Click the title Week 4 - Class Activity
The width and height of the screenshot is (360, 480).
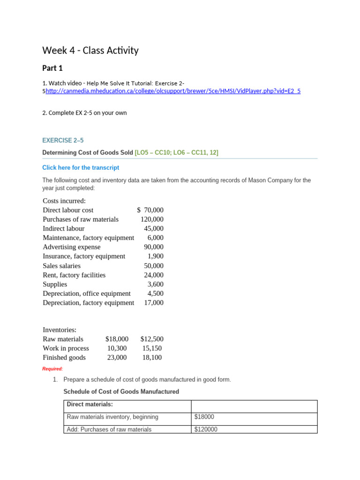click(x=90, y=50)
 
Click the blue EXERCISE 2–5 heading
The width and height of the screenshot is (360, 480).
click(x=63, y=140)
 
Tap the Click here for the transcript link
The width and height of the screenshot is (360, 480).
click(x=81, y=167)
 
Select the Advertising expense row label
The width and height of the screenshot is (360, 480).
click(x=71, y=247)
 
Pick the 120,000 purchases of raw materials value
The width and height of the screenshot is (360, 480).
click(x=152, y=219)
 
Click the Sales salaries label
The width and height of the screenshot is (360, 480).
click(x=61, y=266)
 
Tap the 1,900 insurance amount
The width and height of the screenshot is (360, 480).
click(x=155, y=256)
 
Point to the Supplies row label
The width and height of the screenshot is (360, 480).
click(x=55, y=284)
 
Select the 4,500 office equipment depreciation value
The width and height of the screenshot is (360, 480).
click(x=155, y=293)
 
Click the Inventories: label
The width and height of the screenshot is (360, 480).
click(x=60, y=330)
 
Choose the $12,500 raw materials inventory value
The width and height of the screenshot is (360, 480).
click(x=151, y=339)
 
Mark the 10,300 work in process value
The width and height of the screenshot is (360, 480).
click(x=117, y=348)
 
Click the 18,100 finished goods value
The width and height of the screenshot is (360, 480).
click(x=153, y=358)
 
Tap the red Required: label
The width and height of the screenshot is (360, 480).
click(x=52, y=369)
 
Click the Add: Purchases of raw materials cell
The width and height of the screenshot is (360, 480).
click(x=109, y=429)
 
